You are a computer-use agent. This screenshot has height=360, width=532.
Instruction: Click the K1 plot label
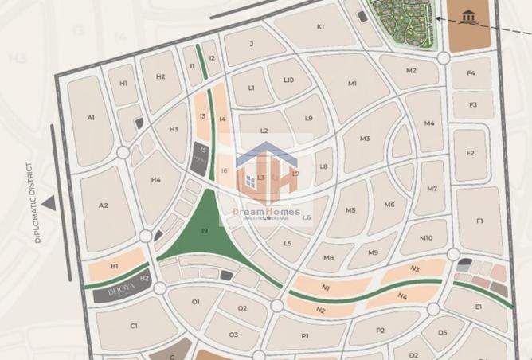(x=320, y=26)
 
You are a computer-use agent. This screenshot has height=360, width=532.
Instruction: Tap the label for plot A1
(x=91, y=118)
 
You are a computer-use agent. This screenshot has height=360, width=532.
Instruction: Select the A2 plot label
(x=103, y=205)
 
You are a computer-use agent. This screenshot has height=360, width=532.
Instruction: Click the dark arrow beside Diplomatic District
(x=49, y=204)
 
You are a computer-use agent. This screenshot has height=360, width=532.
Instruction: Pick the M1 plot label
(x=352, y=83)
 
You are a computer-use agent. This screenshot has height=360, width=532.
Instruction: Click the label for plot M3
(x=365, y=139)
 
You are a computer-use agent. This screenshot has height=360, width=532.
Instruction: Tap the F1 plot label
(x=479, y=221)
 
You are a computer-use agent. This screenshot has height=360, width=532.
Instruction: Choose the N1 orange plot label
(x=326, y=288)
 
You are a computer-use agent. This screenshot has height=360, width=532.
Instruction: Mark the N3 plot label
(x=415, y=269)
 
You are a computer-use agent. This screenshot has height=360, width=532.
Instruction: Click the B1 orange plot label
(x=115, y=266)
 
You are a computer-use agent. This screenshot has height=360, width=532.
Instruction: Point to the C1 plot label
(x=134, y=326)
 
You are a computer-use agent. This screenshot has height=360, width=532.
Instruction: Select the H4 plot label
(x=155, y=180)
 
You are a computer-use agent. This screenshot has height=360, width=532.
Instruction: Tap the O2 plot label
(x=242, y=307)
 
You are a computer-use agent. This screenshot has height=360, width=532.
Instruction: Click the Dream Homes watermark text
(x=266, y=212)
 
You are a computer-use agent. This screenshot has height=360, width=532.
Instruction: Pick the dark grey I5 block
(x=202, y=154)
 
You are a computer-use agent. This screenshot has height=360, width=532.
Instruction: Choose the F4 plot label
(x=471, y=73)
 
